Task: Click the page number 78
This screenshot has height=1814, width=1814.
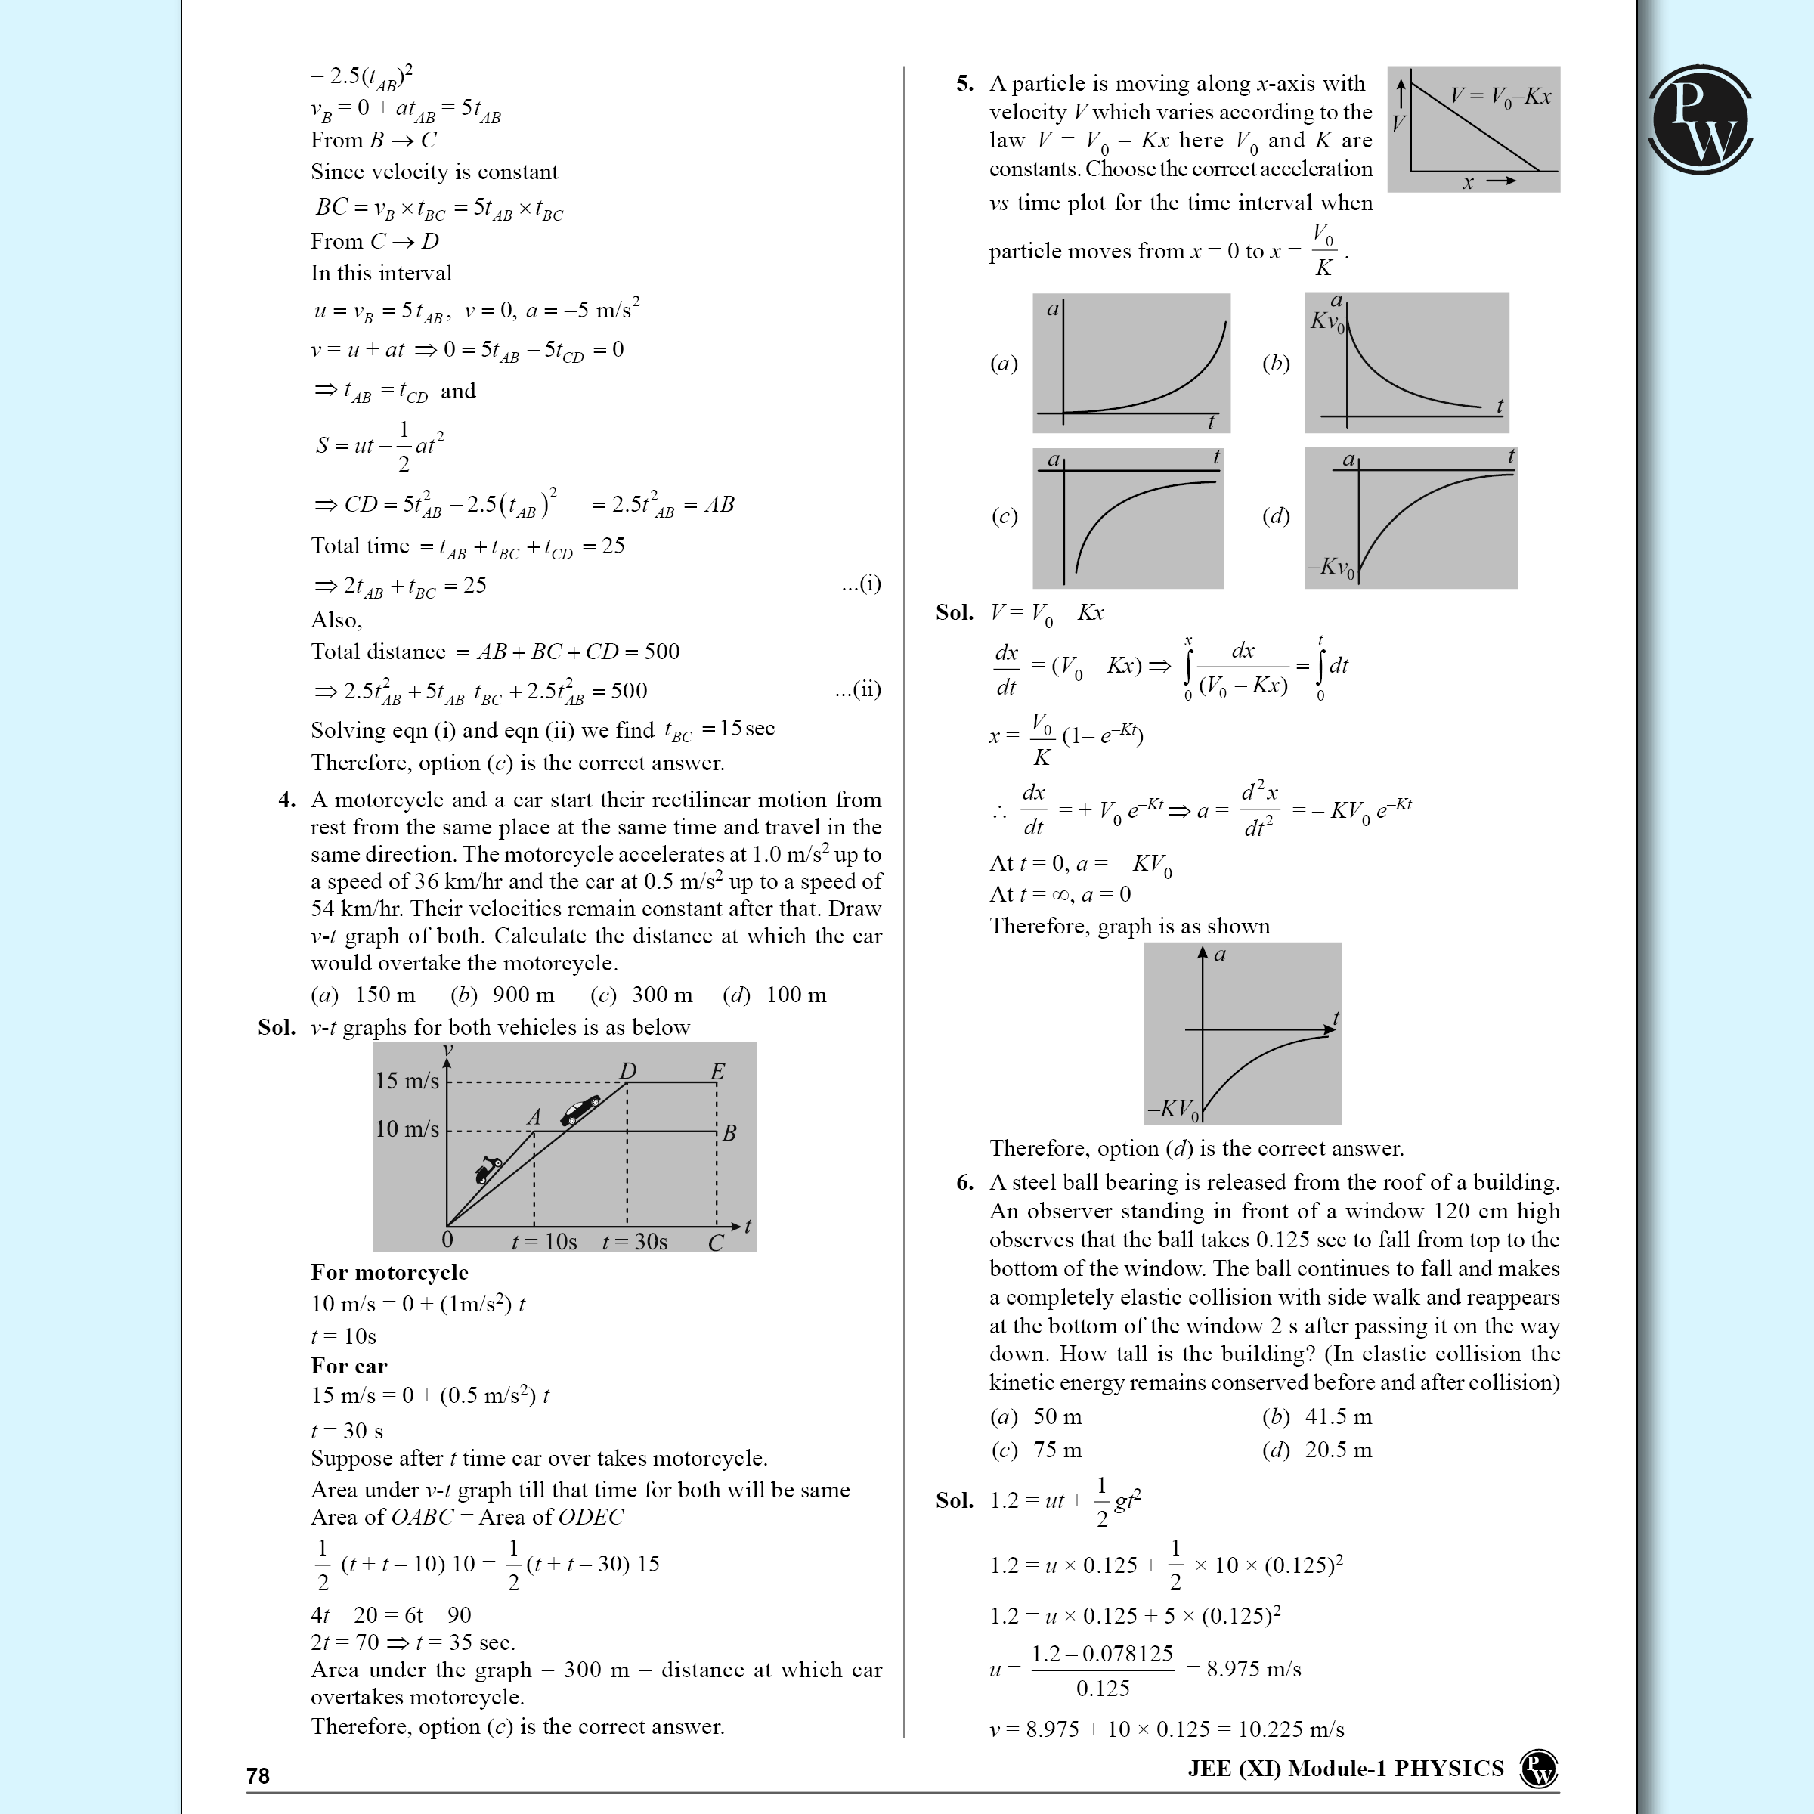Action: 258,1775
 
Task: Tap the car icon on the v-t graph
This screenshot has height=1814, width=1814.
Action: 580,1109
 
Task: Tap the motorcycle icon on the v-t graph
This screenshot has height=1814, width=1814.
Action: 488,1169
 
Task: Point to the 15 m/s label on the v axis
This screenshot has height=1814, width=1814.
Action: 407,1081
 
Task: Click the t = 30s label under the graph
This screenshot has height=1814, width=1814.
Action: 635,1241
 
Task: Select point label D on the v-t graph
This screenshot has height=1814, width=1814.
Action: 627,1071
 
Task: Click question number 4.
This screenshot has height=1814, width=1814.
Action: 286,800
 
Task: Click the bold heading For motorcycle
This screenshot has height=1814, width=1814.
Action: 390,1271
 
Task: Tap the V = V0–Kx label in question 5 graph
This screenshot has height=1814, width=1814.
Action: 1500,97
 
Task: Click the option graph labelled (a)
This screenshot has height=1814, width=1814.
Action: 1131,363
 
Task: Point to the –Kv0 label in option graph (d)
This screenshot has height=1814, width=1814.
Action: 1330,567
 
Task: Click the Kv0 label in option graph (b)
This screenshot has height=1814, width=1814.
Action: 1328,322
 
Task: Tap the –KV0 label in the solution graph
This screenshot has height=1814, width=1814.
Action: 1173,1109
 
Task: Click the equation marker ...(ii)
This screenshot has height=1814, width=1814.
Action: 857,689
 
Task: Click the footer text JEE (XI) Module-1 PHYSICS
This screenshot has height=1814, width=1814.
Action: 1345,1769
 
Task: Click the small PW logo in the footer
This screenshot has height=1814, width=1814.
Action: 1539,1769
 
